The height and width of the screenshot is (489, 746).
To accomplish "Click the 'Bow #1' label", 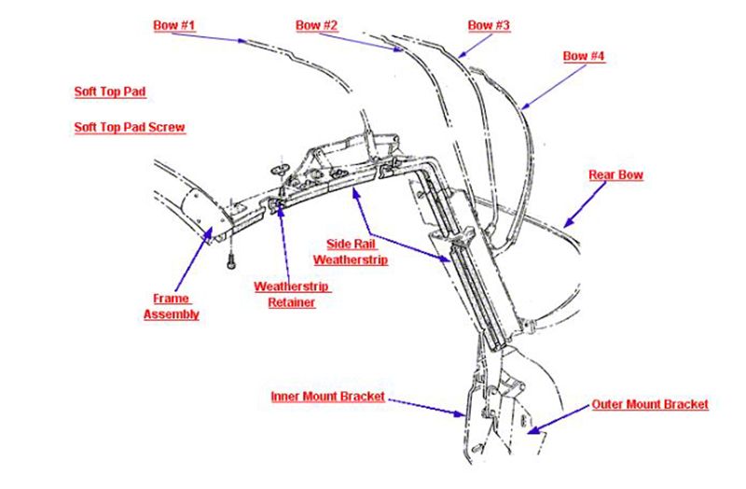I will (173, 25).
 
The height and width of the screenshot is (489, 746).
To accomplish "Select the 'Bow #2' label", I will (317, 25).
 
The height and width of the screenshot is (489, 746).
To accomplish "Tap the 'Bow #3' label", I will (489, 25).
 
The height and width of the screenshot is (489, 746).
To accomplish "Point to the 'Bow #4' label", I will (584, 56).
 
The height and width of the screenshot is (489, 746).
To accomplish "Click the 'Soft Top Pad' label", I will (110, 92).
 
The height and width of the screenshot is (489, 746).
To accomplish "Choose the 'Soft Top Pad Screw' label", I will (129, 126).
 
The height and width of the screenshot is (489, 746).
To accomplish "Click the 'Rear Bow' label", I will (615, 175).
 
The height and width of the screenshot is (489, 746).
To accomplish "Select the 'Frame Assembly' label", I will (171, 307).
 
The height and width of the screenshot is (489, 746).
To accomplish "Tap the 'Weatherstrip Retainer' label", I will (292, 294).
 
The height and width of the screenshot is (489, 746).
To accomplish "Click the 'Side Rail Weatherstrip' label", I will (351, 252).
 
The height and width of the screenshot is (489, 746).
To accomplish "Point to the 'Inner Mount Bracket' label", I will (327, 397).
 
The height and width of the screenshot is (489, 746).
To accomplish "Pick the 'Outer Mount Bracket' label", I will (650, 404).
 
